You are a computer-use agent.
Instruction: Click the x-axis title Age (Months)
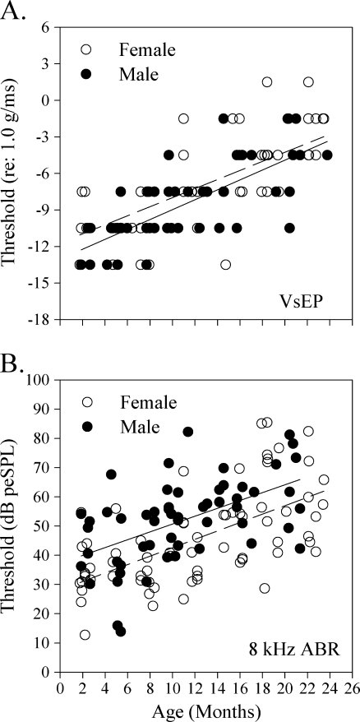pos(201,707)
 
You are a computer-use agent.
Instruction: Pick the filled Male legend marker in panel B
pos(86,426)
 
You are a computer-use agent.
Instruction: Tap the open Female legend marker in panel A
pos(86,50)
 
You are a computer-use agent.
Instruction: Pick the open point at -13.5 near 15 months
pos(225,264)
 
